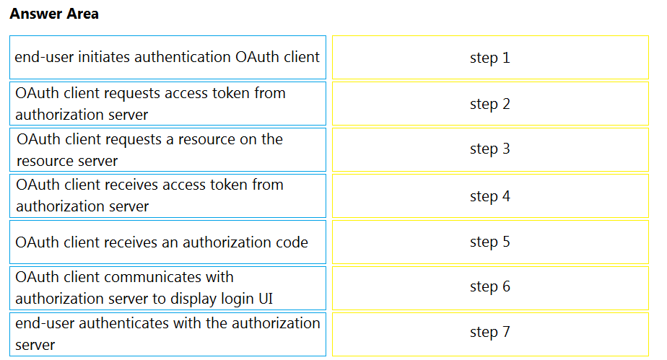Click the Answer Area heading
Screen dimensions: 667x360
(x=54, y=14)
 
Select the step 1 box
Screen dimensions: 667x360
(x=490, y=58)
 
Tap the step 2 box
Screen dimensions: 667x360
(x=490, y=104)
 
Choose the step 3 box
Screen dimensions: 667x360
(x=490, y=149)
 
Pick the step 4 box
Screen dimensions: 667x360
(x=490, y=196)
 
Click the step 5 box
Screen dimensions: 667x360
(x=490, y=242)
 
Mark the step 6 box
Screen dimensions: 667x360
(x=490, y=288)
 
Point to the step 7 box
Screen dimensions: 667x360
(x=490, y=335)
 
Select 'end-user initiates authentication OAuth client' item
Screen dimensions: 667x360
(x=167, y=58)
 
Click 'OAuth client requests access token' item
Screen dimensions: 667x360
(x=167, y=104)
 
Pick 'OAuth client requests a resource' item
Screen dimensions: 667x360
(x=167, y=149)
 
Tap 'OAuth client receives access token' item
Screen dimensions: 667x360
(x=167, y=196)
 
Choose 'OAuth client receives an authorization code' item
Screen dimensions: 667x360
(x=167, y=242)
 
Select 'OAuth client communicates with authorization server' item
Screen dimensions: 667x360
(x=167, y=288)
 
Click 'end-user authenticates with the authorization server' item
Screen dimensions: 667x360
(x=167, y=335)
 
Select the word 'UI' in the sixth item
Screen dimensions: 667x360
(x=266, y=299)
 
